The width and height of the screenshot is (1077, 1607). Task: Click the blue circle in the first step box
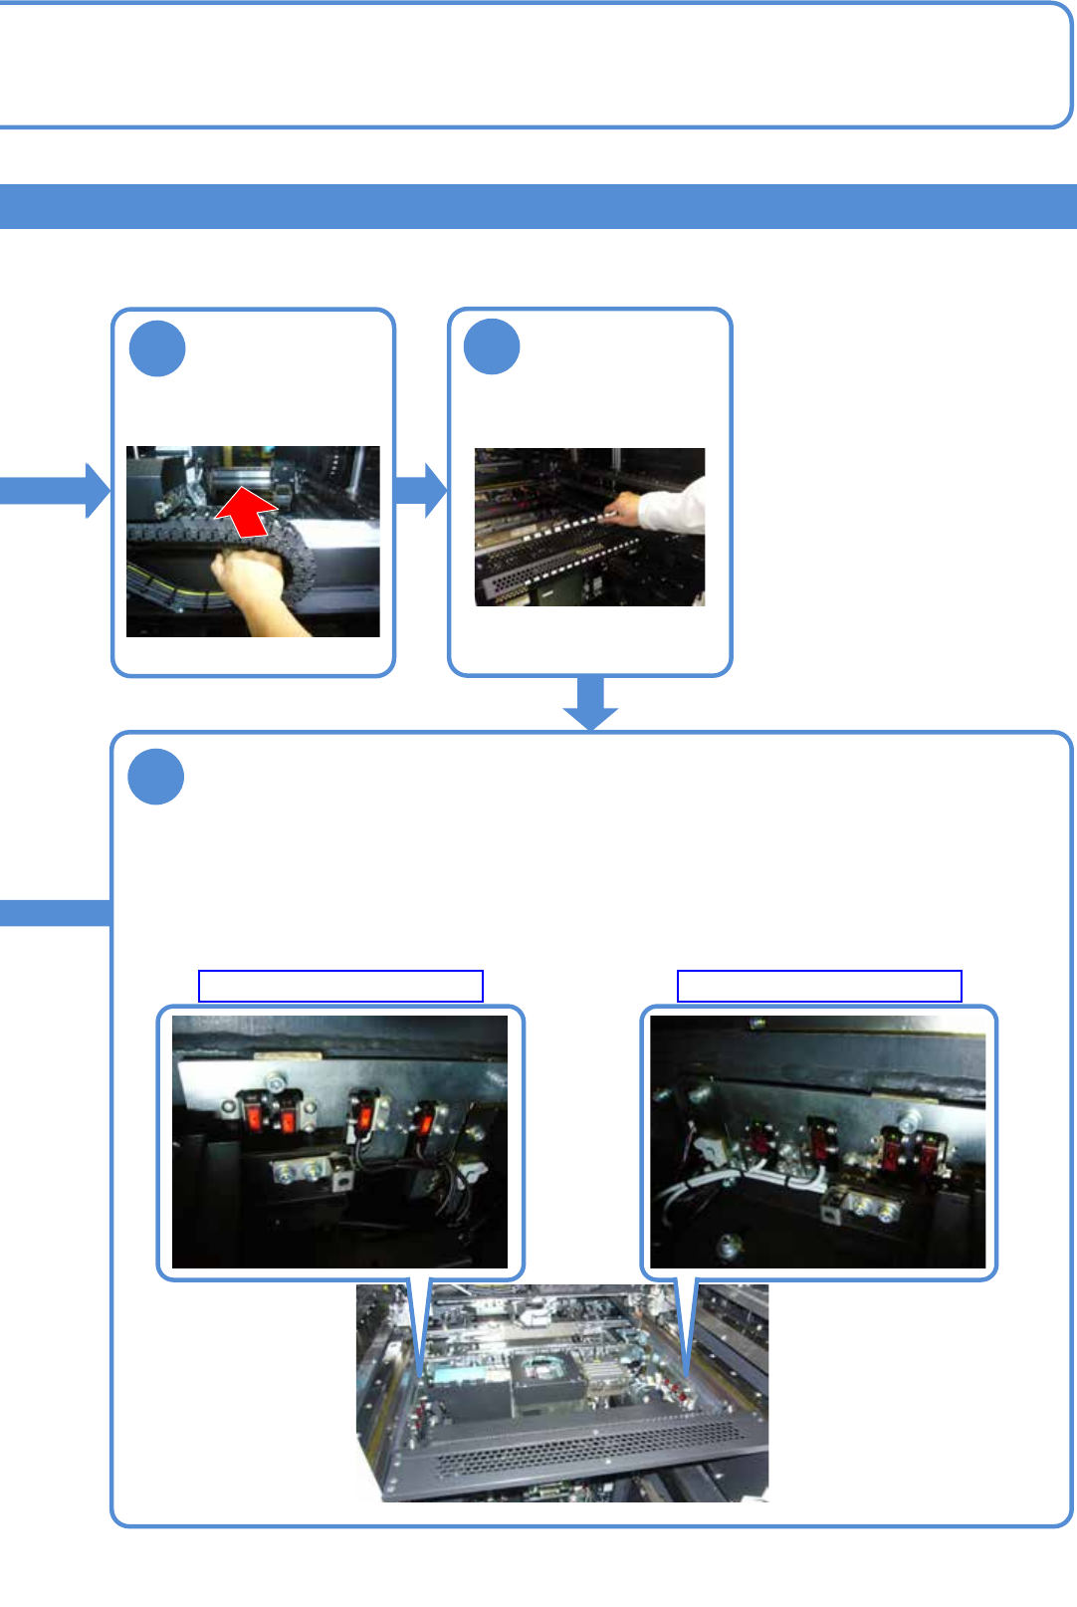(x=157, y=348)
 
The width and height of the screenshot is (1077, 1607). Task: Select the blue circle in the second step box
(x=492, y=347)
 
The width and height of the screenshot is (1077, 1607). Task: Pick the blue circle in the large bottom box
(x=156, y=777)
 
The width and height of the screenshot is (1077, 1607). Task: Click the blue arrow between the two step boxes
(x=421, y=490)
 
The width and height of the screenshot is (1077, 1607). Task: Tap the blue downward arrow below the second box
(x=590, y=703)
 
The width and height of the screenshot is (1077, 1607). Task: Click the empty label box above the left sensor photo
(x=340, y=986)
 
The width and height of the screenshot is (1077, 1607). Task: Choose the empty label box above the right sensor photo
(x=819, y=986)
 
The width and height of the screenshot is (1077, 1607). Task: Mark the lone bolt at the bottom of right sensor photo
(x=730, y=1244)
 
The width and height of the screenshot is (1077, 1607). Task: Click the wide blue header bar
(x=538, y=206)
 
